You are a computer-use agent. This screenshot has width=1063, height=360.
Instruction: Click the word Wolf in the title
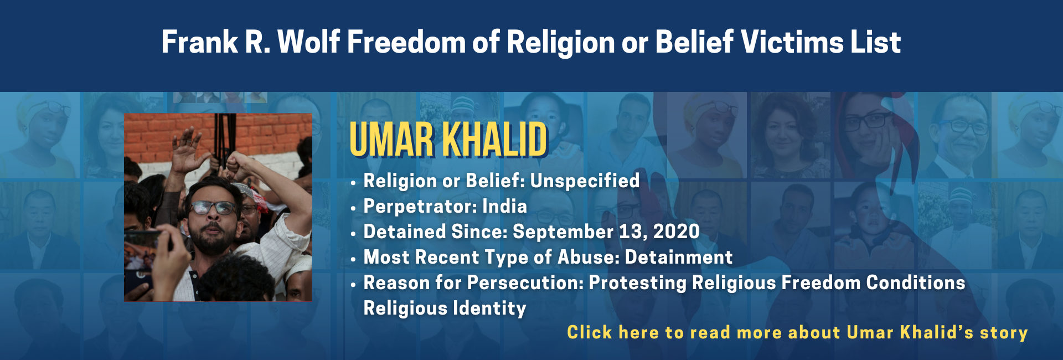[308, 42]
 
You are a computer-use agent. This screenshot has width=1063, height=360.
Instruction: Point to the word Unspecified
[585, 181]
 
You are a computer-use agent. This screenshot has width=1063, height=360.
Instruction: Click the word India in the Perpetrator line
[504, 206]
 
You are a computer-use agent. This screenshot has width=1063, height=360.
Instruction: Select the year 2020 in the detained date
[676, 232]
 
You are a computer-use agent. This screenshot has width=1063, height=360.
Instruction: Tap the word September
[563, 232]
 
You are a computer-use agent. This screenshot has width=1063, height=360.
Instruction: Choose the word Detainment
[679, 257]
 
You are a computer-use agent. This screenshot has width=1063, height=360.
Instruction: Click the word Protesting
[637, 283]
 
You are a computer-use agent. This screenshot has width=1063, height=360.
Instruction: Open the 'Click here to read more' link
[797, 332]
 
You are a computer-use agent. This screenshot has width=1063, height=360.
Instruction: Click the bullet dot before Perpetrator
[353, 209]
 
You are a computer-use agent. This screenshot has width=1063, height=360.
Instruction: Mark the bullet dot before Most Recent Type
[353, 260]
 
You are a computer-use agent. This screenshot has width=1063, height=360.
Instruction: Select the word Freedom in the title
[406, 42]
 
